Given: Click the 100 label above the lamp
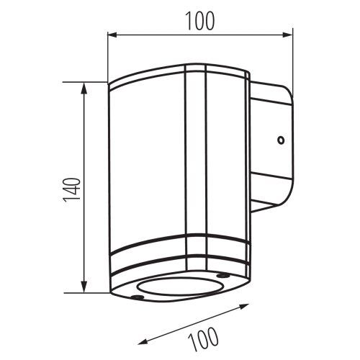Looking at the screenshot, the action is coord(200,21).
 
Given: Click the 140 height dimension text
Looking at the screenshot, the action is coord(71,190).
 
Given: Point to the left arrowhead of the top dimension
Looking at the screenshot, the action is coord(112,35).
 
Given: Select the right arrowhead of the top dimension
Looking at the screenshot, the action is coord(287,35).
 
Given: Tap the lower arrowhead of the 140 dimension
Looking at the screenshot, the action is coord(84,287).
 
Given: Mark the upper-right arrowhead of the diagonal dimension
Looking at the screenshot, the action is coord(244,306).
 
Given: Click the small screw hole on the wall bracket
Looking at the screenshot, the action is coord(281,140).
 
